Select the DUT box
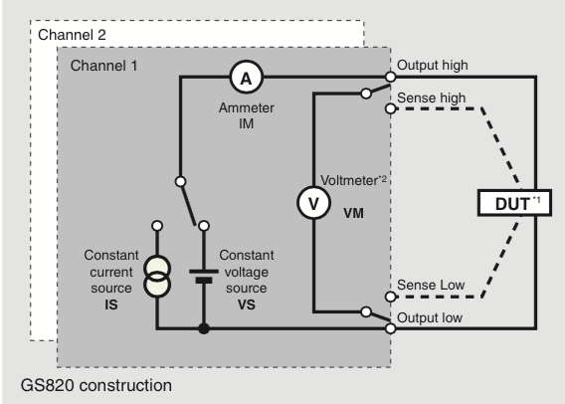[513, 203]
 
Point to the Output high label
[434, 66]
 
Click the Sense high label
[431, 99]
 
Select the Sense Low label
[430, 285]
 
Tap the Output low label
[432, 317]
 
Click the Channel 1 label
[104, 66]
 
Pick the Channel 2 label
[72, 35]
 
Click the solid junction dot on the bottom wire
[204, 328]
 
